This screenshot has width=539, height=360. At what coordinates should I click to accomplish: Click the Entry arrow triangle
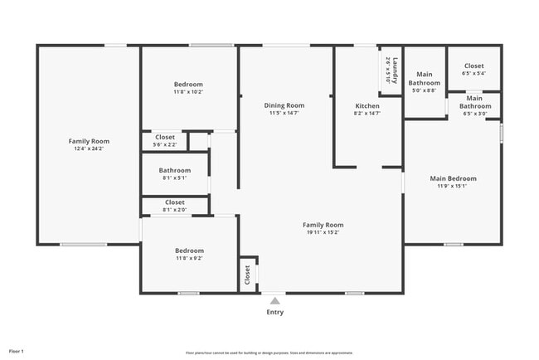(274, 301)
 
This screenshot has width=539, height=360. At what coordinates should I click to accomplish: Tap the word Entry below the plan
(274, 313)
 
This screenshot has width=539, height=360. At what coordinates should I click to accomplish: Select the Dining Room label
(284, 105)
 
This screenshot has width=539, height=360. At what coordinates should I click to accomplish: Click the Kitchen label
(367, 106)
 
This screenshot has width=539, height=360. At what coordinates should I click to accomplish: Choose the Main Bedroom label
(453, 178)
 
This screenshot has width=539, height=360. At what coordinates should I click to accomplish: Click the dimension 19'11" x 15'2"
(323, 233)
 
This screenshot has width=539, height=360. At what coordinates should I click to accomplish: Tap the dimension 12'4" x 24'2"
(89, 149)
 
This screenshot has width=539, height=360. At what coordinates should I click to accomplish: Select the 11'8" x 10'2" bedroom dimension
(188, 92)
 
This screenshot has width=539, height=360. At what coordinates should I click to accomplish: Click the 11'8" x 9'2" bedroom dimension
(188, 258)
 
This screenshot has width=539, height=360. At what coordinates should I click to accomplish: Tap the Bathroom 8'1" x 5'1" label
(175, 171)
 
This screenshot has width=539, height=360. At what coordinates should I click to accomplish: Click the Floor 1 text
(16, 352)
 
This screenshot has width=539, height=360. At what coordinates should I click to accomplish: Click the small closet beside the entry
(247, 275)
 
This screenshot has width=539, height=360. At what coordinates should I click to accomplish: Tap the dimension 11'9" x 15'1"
(453, 187)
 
